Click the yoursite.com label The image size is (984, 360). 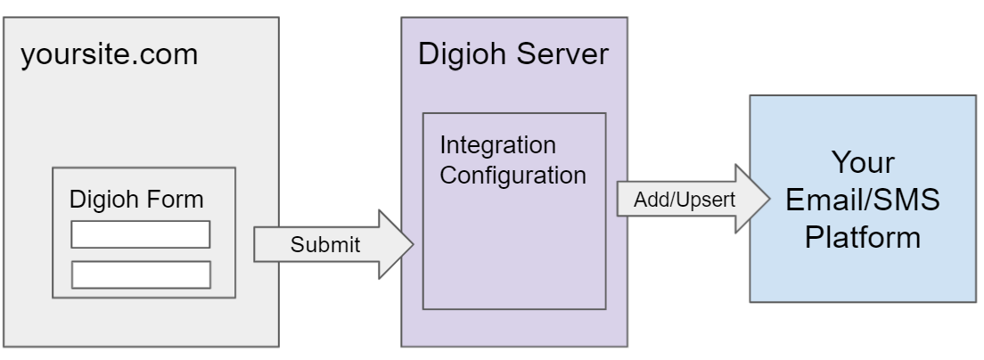109,55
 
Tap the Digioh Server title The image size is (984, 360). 514,55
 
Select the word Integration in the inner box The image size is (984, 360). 497,144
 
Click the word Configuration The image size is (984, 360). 512,174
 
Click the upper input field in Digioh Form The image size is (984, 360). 140,234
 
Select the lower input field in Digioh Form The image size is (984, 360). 140,274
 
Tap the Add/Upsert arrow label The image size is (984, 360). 685,200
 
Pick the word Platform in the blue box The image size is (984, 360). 862,239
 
